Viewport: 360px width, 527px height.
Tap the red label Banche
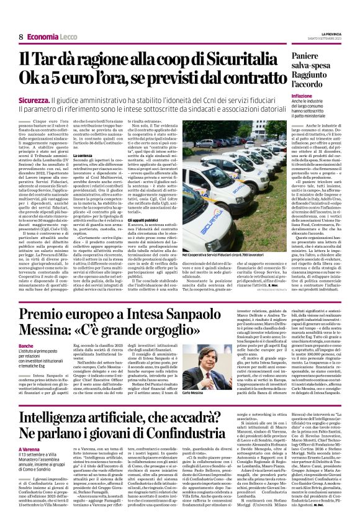27,345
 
